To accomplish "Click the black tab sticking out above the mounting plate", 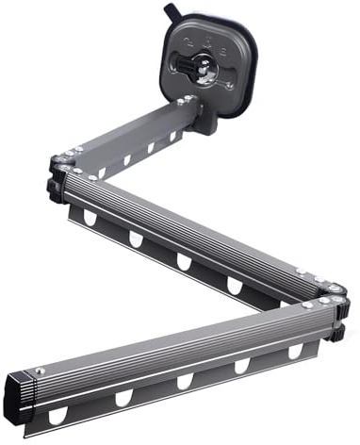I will (x=172, y=10).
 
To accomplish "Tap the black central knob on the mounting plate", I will (x=199, y=67).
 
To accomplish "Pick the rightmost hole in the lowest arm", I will (x=296, y=350).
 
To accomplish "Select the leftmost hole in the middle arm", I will (x=91, y=217).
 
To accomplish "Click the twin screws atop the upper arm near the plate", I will (x=188, y=99).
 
